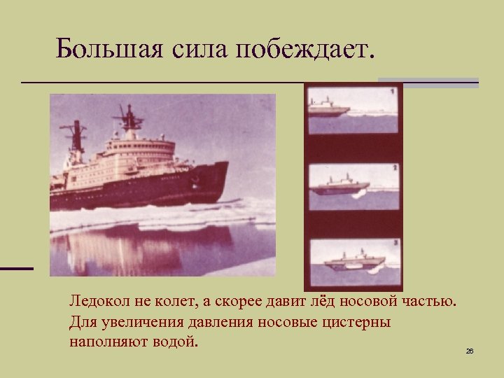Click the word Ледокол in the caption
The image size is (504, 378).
tap(96, 302)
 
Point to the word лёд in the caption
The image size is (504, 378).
tap(325, 302)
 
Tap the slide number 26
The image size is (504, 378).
tap(470, 351)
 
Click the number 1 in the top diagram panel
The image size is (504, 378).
tap(393, 92)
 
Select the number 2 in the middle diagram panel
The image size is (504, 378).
tap(395, 168)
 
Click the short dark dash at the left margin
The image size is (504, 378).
tap(16, 268)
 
